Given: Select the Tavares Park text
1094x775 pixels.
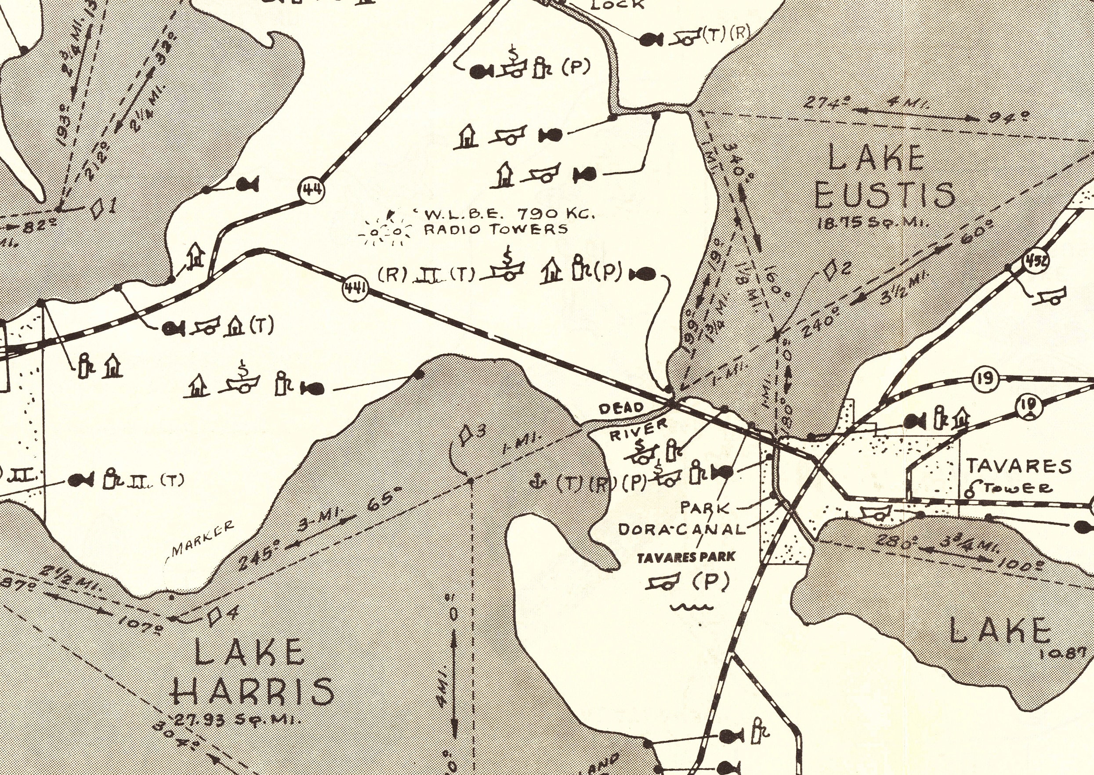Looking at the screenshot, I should coord(686,557).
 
